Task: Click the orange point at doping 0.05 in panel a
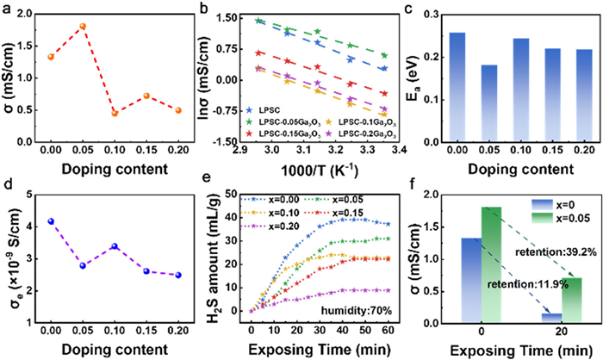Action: click(83, 26)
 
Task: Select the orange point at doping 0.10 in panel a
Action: click(115, 113)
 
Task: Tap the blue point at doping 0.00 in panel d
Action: click(51, 221)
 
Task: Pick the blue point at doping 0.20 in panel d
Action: click(178, 275)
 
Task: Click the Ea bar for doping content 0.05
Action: click(489, 103)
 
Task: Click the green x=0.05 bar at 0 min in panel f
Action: click(491, 264)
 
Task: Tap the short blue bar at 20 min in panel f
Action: click(552, 317)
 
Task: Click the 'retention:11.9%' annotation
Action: click(527, 284)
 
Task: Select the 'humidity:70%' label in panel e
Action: click(357, 310)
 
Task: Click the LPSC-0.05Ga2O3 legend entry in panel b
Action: click(283, 122)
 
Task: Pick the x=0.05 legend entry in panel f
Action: click(561, 218)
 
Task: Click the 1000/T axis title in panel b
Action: click(320, 171)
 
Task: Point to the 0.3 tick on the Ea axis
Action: click(432, 15)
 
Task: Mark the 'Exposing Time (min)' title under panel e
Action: click(320, 350)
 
